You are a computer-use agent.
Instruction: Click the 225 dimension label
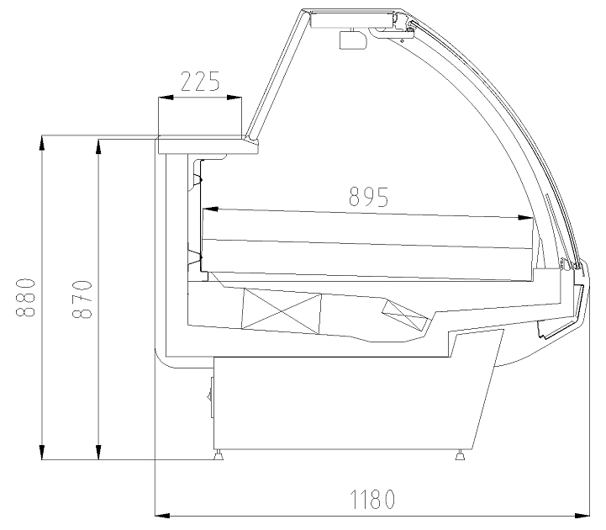pos(200,82)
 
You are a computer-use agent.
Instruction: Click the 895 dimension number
pos(368,197)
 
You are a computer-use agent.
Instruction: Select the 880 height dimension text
pos(26,297)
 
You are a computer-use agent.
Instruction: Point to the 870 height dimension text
pos(82,299)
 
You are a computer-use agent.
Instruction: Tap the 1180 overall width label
pos(372,499)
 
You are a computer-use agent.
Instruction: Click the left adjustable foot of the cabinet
pos(219,455)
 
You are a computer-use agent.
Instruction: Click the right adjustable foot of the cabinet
pos(460,455)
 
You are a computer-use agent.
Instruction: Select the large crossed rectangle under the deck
pos(282,311)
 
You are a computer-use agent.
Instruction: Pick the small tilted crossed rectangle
pos(405,315)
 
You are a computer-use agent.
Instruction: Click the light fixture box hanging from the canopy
pos(352,40)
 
